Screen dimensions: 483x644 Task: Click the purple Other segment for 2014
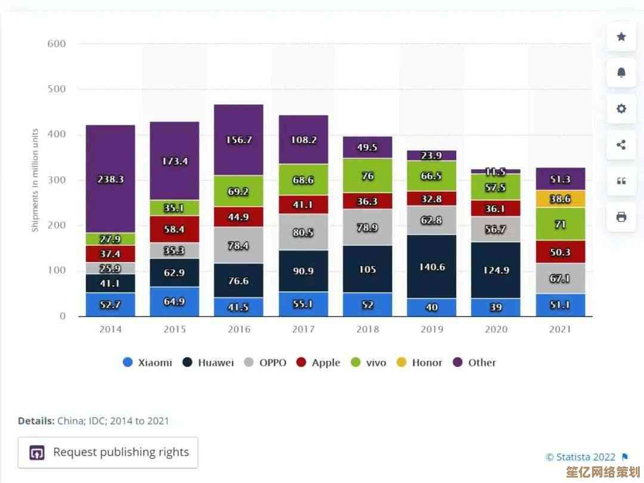click(x=110, y=179)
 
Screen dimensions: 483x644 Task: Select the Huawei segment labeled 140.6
click(x=432, y=267)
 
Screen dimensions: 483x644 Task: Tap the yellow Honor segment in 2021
click(x=560, y=199)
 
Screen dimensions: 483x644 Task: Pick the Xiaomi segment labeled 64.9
click(x=174, y=301)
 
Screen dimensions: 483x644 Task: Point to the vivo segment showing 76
click(x=367, y=176)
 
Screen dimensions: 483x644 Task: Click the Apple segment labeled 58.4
click(x=174, y=229)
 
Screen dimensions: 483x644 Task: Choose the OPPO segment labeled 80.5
click(x=303, y=233)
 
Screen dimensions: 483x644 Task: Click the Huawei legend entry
click(x=208, y=362)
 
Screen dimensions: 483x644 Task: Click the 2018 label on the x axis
click(x=367, y=329)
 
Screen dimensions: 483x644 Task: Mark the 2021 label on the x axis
click(x=560, y=329)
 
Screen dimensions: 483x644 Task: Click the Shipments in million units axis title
click(x=35, y=180)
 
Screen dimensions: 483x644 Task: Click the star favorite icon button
click(x=621, y=37)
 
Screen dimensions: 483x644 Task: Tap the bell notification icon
click(x=621, y=73)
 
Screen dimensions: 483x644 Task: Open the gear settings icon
click(x=621, y=108)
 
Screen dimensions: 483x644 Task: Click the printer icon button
click(x=621, y=217)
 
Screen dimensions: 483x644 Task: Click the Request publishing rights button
click(x=108, y=453)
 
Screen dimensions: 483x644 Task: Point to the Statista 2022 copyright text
click(x=580, y=457)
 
